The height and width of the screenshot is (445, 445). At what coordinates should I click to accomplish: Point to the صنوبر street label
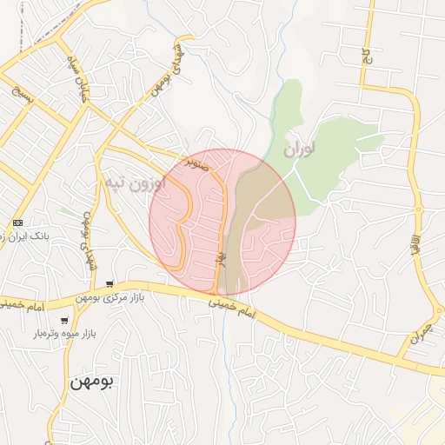click(x=196, y=162)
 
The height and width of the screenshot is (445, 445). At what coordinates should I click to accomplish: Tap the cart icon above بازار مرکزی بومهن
click(x=110, y=284)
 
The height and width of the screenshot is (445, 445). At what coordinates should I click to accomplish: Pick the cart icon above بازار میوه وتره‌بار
click(x=64, y=321)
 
